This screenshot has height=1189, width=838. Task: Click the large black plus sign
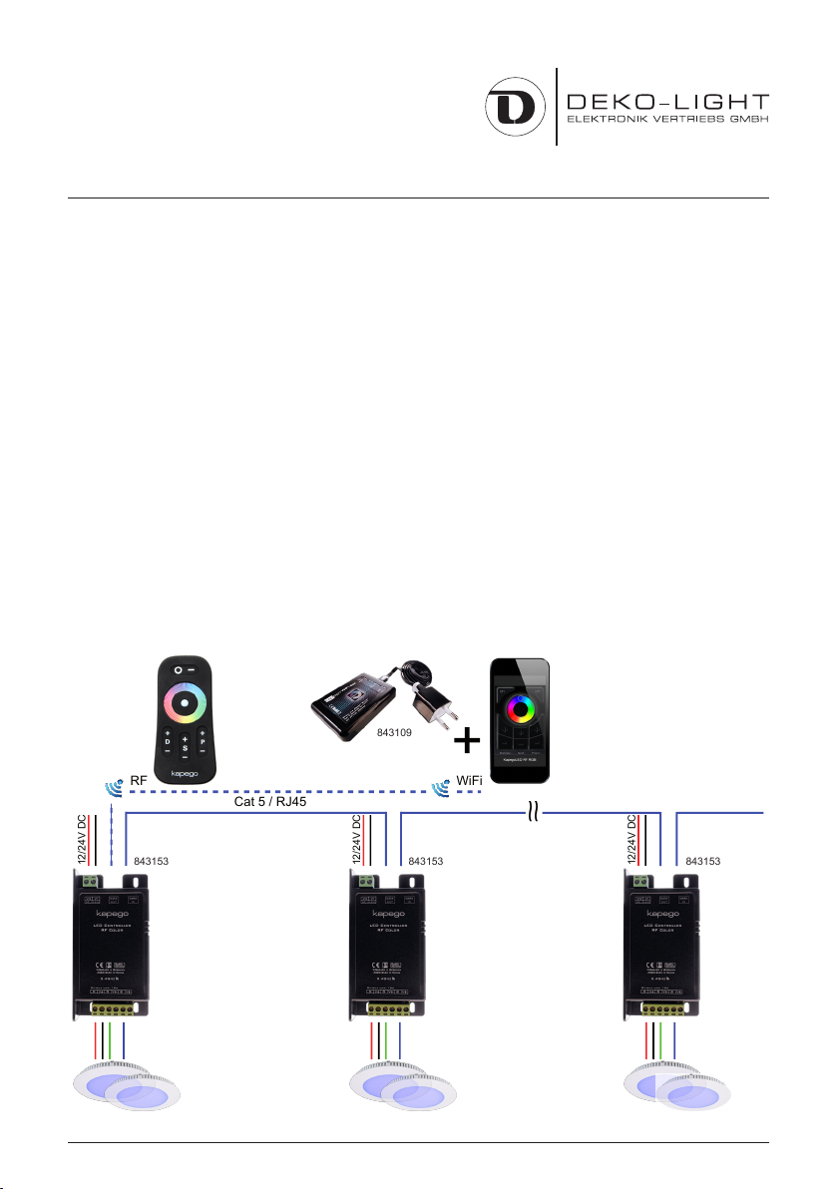[x=466, y=742]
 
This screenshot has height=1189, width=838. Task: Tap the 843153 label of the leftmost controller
[x=152, y=859]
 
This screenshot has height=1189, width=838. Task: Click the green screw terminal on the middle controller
[x=366, y=881]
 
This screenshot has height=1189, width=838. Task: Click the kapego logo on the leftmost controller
[x=114, y=912]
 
